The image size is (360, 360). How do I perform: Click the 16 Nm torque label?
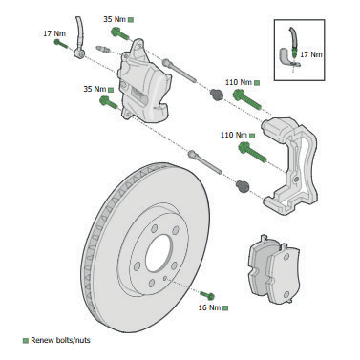pos(209,307)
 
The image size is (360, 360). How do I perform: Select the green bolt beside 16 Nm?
pos(207,295)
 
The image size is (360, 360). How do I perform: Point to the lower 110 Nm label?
pos(234,135)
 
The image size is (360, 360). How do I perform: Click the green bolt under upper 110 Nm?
pos(247,99)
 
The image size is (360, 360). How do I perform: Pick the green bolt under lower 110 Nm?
pos(252,152)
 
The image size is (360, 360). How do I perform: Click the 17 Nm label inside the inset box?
pos(311,54)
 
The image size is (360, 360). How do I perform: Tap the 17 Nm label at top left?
pos(54,33)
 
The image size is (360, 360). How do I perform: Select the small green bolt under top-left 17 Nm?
pos(61,44)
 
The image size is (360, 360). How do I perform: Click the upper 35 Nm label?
pos(115,19)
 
